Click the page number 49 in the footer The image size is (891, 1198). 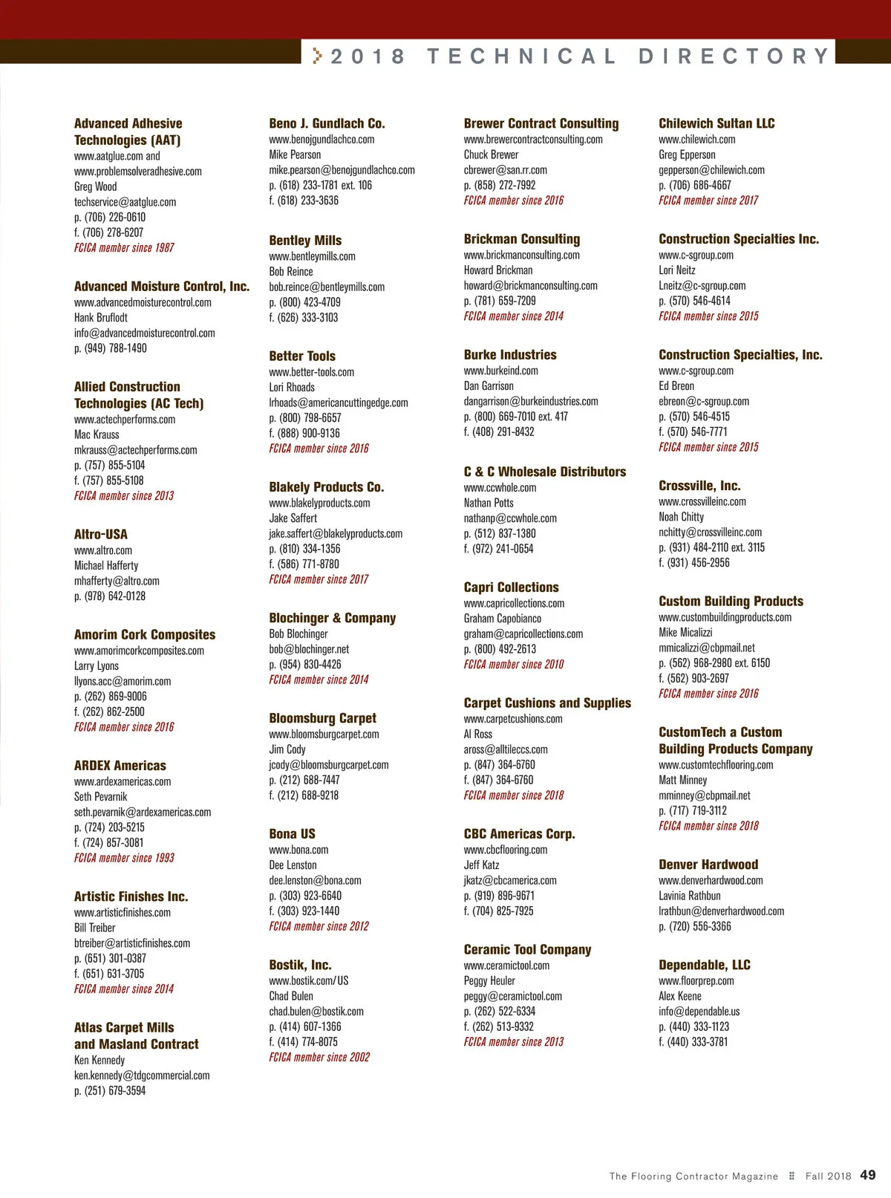click(x=867, y=1175)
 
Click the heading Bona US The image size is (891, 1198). click(x=292, y=833)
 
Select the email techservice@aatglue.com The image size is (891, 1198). click(x=125, y=202)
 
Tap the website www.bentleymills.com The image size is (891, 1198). click(x=312, y=256)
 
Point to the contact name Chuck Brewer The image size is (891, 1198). click(x=491, y=154)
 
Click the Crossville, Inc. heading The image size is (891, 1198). click(x=699, y=486)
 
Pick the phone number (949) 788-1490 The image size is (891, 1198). click(x=110, y=348)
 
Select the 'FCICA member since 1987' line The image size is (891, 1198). click(x=124, y=248)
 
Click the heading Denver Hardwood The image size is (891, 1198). click(x=708, y=865)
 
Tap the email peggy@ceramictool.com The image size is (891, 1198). click(x=512, y=996)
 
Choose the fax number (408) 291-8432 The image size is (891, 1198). click(x=499, y=432)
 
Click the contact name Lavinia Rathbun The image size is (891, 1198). click(x=689, y=896)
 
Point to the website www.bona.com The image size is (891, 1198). click(x=298, y=850)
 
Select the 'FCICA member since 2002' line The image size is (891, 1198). click(x=319, y=1057)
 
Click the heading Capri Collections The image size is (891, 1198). click(x=511, y=587)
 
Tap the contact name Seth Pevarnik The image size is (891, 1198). click(x=100, y=797)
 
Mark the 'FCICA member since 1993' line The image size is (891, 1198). click(x=124, y=858)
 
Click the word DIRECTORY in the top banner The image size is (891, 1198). click(x=734, y=56)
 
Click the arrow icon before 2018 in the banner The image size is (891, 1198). click(x=318, y=56)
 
